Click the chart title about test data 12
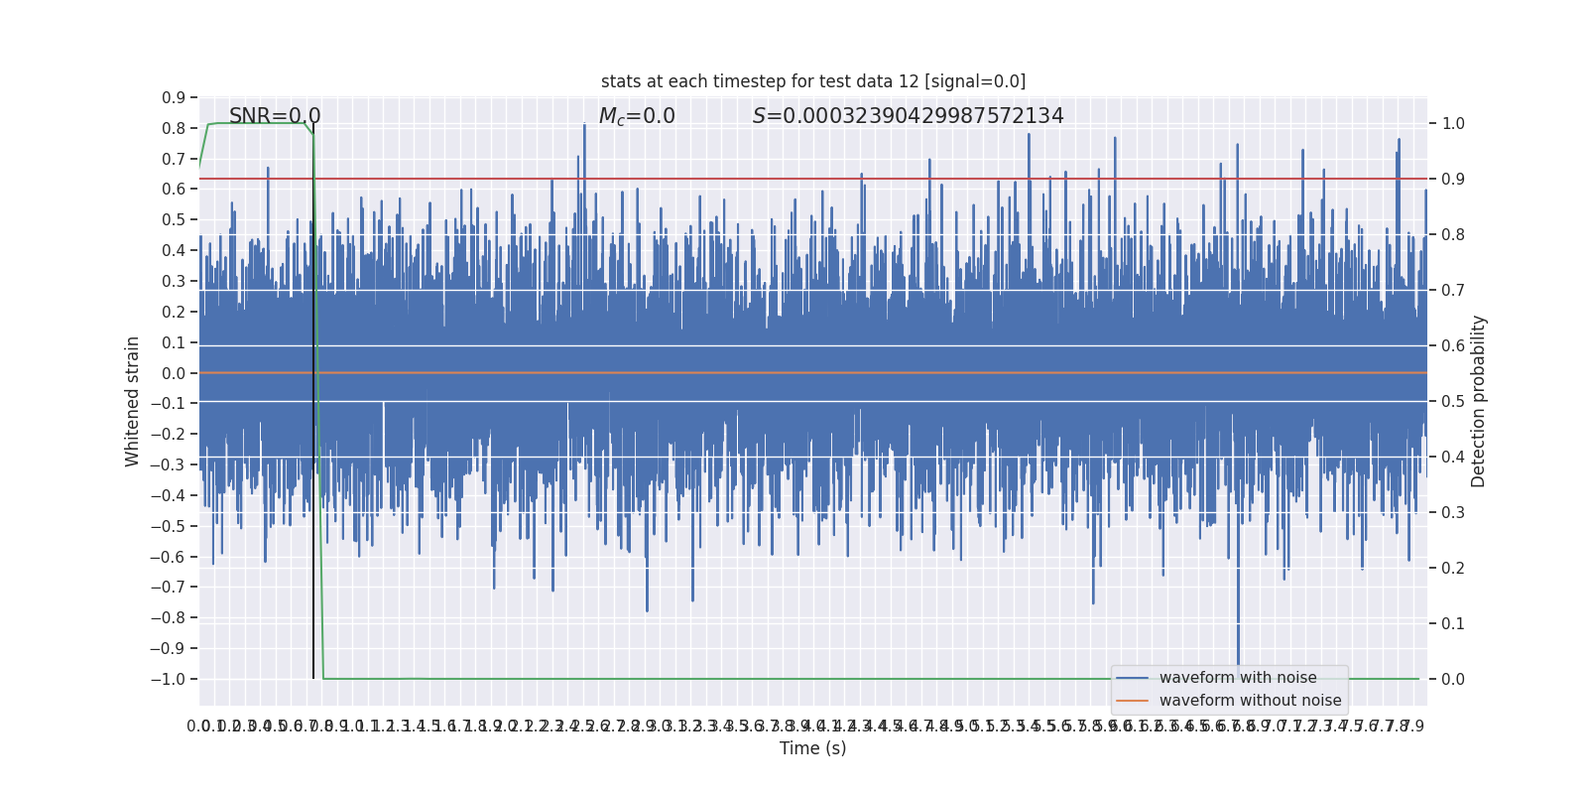(x=812, y=81)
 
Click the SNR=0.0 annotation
(x=275, y=116)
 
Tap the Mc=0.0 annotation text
(x=637, y=116)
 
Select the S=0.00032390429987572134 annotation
(x=908, y=116)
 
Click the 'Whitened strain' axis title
(x=133, y=401)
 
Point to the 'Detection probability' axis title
(x=1479, y=401)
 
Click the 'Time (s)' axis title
(x=812, y=748)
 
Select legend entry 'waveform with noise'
(x=1238, y=678)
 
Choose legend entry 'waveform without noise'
(x=1250, y=701)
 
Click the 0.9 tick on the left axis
(x=174, y=97)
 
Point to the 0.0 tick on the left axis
(x=174, y=373)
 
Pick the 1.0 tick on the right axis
(x=1453, y=124)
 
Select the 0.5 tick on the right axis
(x=1453, y=402)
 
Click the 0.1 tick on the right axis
(x=1453, y=624)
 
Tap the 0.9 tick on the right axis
(x=1453, y=180)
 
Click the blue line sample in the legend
(x=1132, y=678)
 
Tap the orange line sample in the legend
(x=1132, y=701)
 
